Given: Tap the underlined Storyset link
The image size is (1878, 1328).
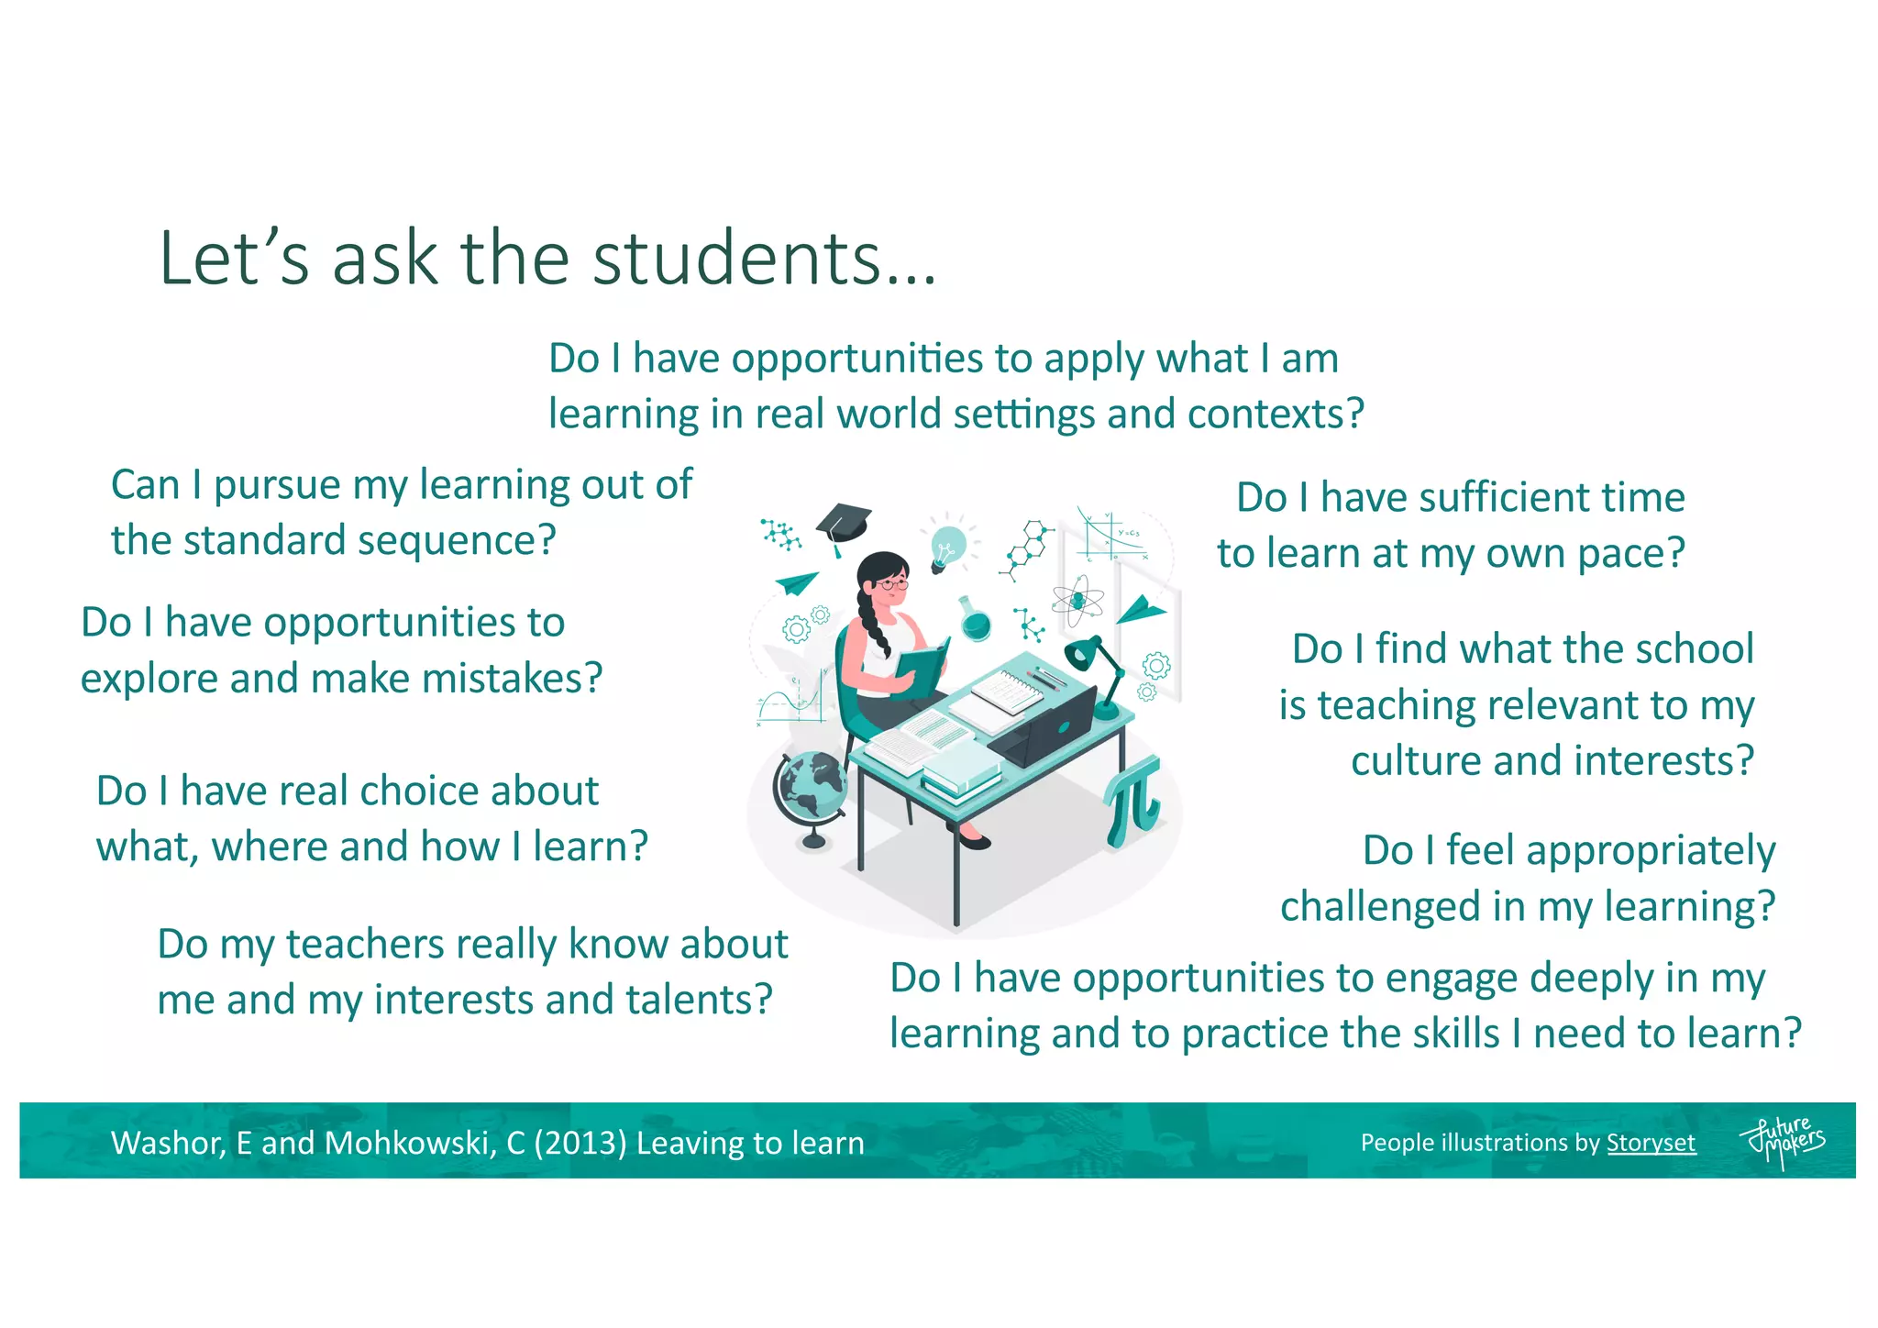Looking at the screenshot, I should pyautogui.click(x=1651, y=1143).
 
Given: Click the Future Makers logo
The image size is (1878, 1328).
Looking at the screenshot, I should pyautogui.click(x=1783, y=1142).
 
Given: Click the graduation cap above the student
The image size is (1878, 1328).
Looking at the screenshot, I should pyautogui.click(x=842, y=526).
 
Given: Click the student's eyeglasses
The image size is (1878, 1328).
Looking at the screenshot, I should pyautogui.click(x=892, y=583).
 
